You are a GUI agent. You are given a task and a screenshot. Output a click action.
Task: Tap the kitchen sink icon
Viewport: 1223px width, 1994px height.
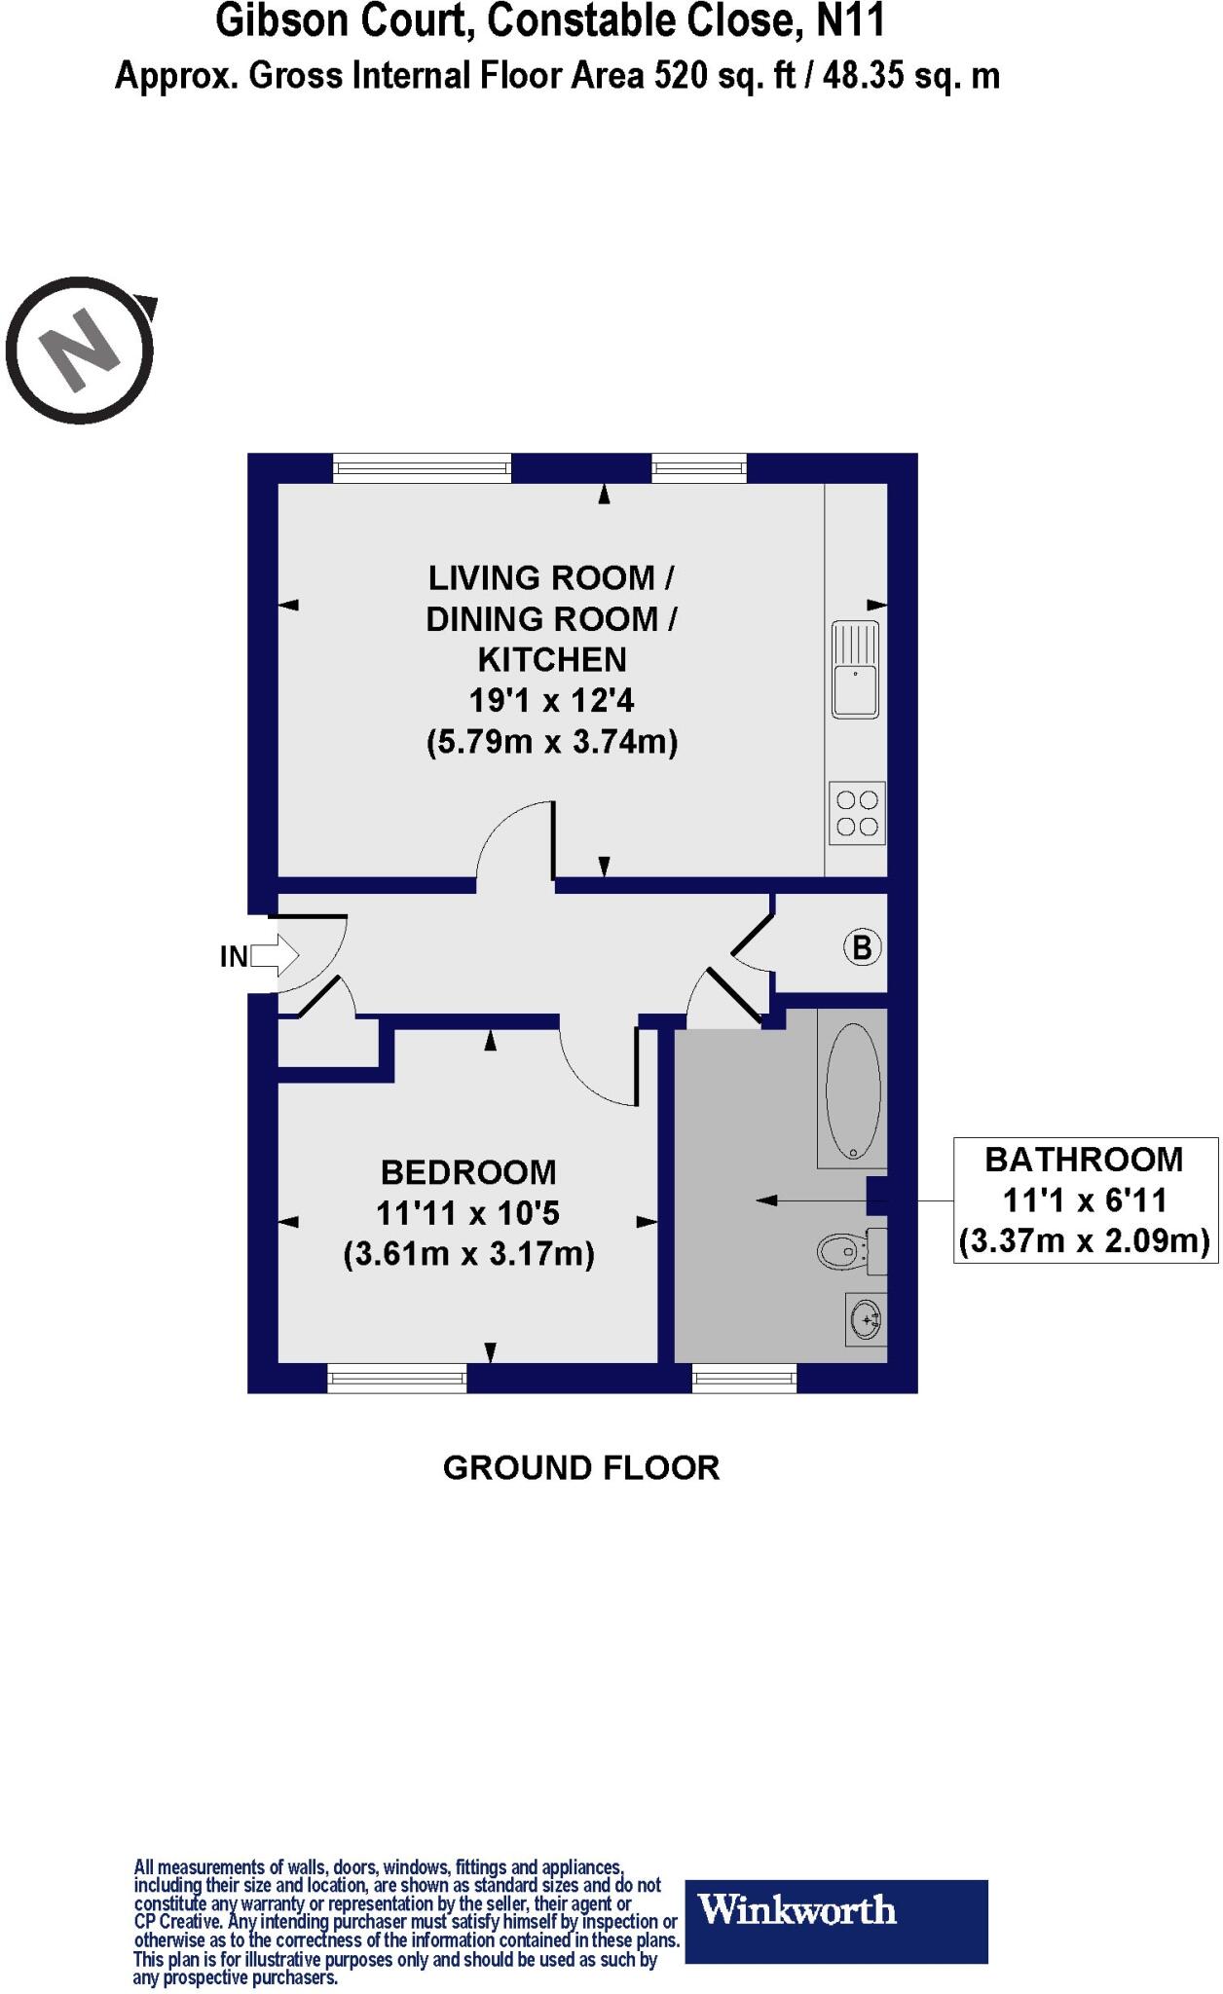pyautogui.click(x=855, y=670)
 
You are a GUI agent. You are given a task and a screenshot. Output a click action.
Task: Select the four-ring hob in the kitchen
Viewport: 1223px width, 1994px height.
pyautogui.click(x=857, y=814)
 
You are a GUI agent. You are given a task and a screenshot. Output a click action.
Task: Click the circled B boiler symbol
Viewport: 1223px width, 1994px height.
pyautogui.click(x=862, y=946)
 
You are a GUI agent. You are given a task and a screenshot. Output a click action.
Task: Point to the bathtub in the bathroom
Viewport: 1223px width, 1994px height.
pyautogui.click(x=853, y=1090)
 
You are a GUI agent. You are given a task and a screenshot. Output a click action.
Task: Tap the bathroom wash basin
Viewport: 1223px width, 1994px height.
pyautogui.click(x=865, y=1320)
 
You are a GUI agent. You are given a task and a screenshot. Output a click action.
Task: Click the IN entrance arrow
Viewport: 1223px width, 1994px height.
pyautogui.click(x=264, y=956)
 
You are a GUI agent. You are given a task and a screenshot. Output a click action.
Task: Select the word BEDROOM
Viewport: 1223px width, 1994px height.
pyautogui.click(x=468, y=1171)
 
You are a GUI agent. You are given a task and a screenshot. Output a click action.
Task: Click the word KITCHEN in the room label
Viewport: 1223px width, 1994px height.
pyautogui.click(x=551, y=660)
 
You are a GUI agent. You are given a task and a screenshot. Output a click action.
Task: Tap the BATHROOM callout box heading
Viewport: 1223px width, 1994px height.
pyautogui.click(x=1084, y=1160)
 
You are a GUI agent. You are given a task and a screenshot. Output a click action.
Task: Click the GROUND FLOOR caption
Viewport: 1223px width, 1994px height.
pyautogui.click(x=581, y=1467)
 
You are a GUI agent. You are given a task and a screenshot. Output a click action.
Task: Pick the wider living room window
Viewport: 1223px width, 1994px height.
pyautogui.click(x=422, y=468)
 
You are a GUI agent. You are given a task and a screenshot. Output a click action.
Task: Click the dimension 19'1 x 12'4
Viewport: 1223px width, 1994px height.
pyautogui.click(x=551, y=701)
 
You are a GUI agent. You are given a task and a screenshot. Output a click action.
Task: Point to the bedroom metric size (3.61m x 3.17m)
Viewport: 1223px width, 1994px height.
pyautogui.click(x=468, y=1254)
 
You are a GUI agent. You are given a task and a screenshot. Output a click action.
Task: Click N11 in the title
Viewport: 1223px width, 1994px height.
pyautogui.click(x=849, y=21)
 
